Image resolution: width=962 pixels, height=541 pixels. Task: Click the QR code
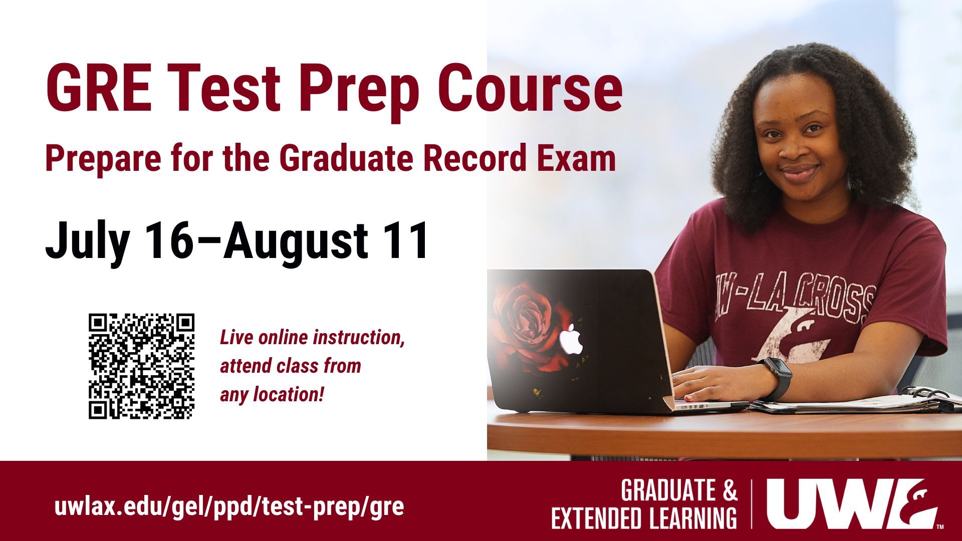(x=142, y=366)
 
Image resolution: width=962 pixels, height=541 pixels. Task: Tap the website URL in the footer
(x=229, y=507)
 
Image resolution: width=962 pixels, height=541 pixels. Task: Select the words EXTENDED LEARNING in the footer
(x=644, y=518)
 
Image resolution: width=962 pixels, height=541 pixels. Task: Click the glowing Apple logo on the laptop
(x=572, y=339)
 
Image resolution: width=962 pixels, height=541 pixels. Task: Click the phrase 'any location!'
(x=272, y=395)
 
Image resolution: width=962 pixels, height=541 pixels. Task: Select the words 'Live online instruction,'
(x=312, y=338)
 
